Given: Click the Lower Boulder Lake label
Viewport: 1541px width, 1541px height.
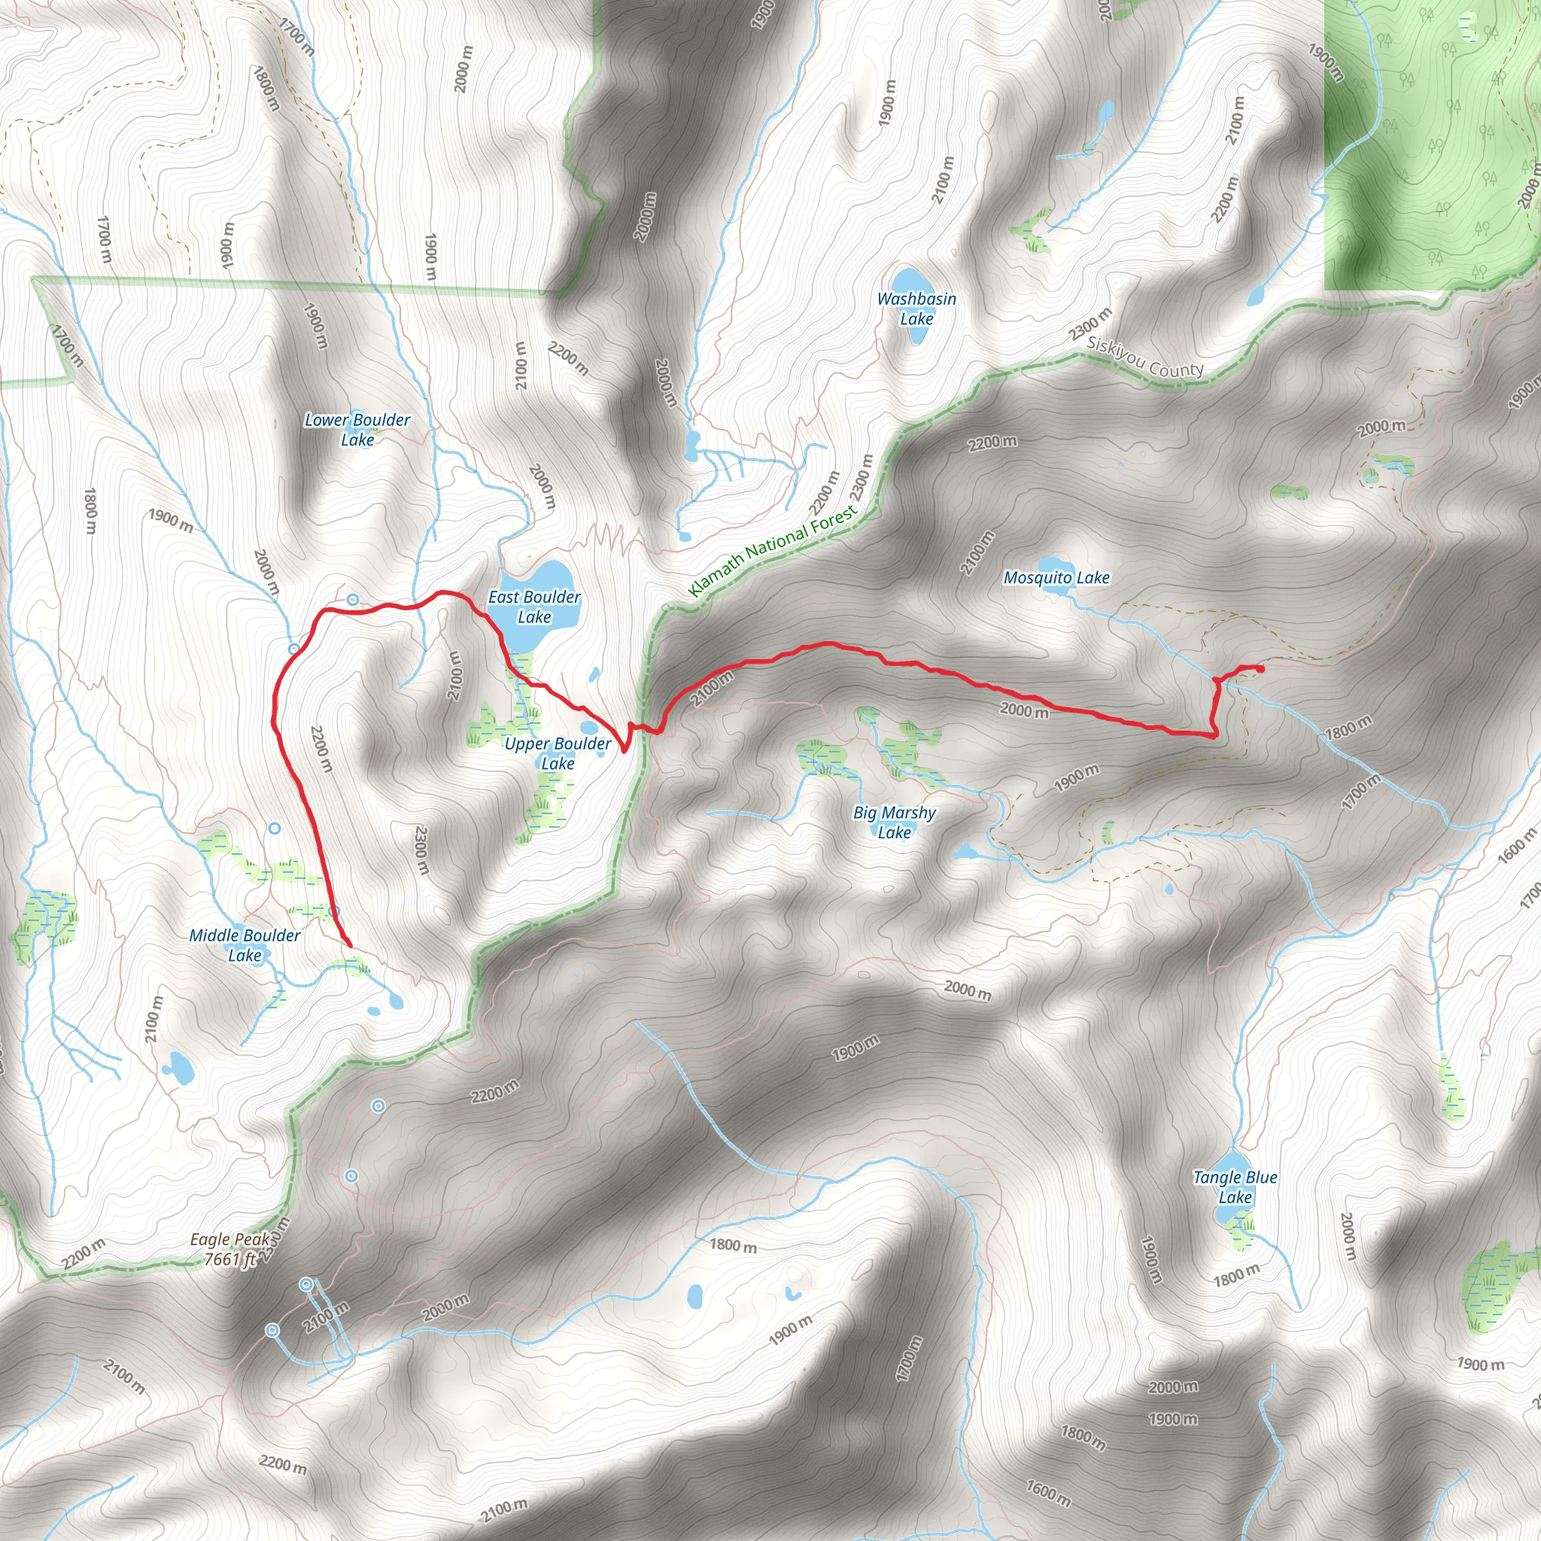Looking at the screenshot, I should (x=357, y=429).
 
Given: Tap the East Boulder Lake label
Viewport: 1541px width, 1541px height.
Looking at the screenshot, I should (x=533, y=606).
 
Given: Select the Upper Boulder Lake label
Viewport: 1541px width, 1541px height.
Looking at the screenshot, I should (x=558, y=753).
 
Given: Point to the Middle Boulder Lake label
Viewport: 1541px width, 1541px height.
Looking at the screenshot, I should (x=244, y=945).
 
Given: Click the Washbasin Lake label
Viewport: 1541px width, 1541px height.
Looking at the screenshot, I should (x=916, y=308).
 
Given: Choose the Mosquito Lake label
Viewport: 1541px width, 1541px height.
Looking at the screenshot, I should (x=1056, y=577).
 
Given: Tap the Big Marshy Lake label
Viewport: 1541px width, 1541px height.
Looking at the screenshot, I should (x=894, y=822).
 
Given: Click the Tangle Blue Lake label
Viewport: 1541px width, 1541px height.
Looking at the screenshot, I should (x=1235, y=1187).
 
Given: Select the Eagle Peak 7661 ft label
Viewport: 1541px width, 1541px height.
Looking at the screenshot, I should (x=230, y=1249).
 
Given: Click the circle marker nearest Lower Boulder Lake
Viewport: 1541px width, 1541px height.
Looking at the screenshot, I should (x=353, y=599).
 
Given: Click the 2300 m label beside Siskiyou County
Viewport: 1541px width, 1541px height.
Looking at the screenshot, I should (x=1090, y=322).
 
